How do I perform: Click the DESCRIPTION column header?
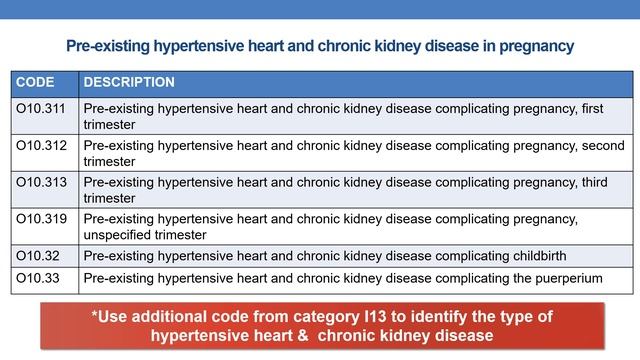pos(128,82)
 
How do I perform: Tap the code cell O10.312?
pos(42,146)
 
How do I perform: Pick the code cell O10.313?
pos(42,182)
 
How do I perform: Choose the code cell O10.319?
pos(42,218)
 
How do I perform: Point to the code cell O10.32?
pos(38,255)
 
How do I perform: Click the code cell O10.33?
pos(38,276)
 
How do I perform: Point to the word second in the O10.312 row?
pos(603,146)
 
